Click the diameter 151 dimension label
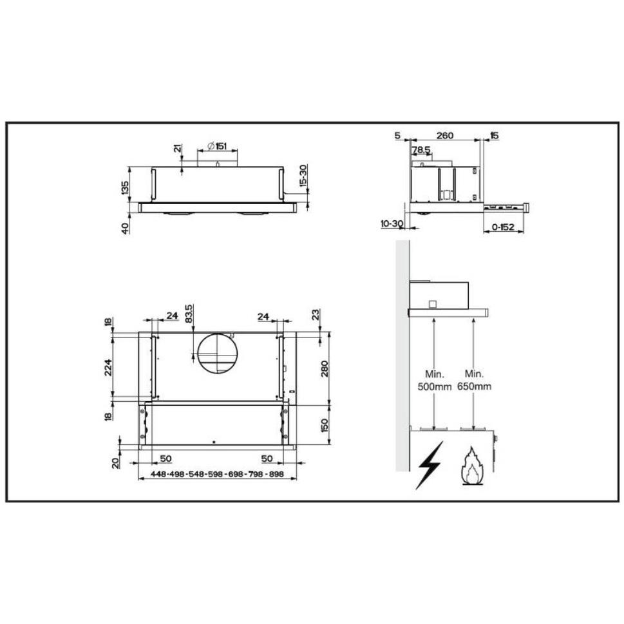(217, 146)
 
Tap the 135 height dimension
(125, 187)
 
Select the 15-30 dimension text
(303, 176)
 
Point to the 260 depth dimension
(444, 135)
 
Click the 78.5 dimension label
(421, 150)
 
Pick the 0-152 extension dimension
(503, 227)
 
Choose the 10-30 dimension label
(392, 223)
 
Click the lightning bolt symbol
(429, 464)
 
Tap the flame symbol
(472, 466)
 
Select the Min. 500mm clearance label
(434, 380)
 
